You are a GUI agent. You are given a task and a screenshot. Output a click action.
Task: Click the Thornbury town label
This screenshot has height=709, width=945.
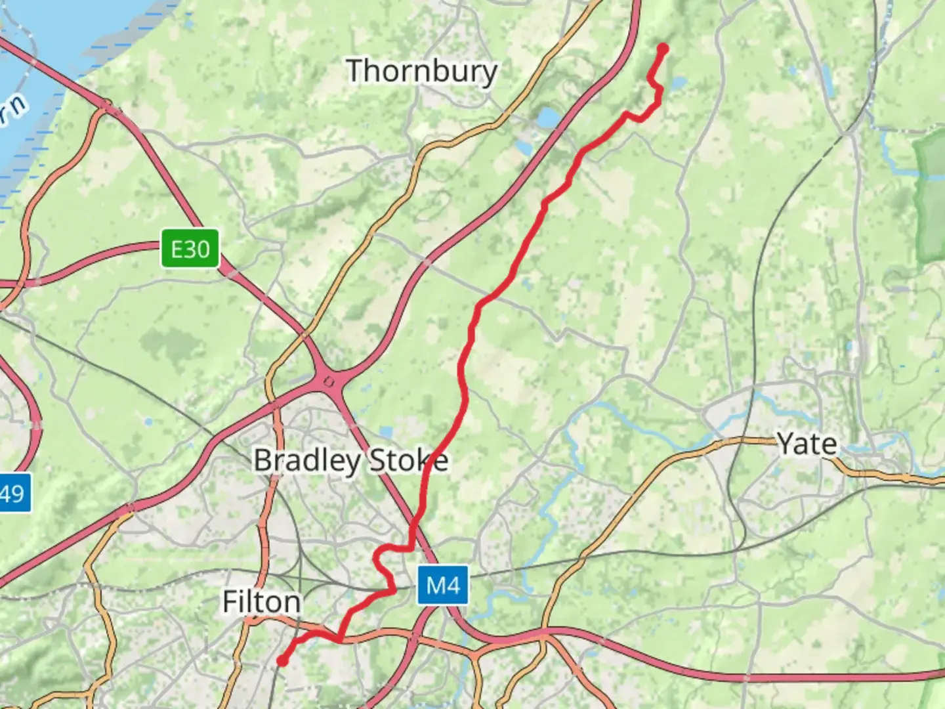coord(421,71)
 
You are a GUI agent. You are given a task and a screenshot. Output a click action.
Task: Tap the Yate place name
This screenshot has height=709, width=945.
coord(807,444)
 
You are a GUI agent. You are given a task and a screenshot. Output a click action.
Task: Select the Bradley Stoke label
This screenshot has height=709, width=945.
coord(350,460)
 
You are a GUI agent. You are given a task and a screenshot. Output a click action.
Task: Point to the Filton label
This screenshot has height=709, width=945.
coord(261,601)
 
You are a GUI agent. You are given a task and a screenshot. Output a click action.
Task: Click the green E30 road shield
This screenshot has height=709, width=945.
coord(190,249)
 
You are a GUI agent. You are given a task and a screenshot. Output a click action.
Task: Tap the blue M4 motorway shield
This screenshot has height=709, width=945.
coord(443,585)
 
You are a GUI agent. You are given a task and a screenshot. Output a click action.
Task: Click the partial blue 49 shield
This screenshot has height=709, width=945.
coord(13,493)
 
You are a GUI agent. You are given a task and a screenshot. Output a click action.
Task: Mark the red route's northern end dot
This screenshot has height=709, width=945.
coord(663,49)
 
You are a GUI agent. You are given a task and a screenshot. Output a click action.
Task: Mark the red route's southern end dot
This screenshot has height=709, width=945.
coord(282,660)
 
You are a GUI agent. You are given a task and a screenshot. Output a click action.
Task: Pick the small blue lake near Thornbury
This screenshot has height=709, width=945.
coord(548,118)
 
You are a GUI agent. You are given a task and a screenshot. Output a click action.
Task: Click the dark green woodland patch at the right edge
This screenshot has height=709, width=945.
coord(931,197)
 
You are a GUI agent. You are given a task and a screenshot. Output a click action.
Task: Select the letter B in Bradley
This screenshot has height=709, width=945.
coord(262,460)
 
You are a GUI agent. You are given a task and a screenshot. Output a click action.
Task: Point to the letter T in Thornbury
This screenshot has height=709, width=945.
coord(356,70)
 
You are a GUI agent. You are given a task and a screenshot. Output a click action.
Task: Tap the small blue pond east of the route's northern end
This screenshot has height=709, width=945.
coord(678,83)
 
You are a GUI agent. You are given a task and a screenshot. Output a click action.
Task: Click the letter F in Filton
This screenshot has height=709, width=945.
coord(229,601)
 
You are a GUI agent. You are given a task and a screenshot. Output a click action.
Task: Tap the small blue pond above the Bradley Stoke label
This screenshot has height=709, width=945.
coord(386,432)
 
